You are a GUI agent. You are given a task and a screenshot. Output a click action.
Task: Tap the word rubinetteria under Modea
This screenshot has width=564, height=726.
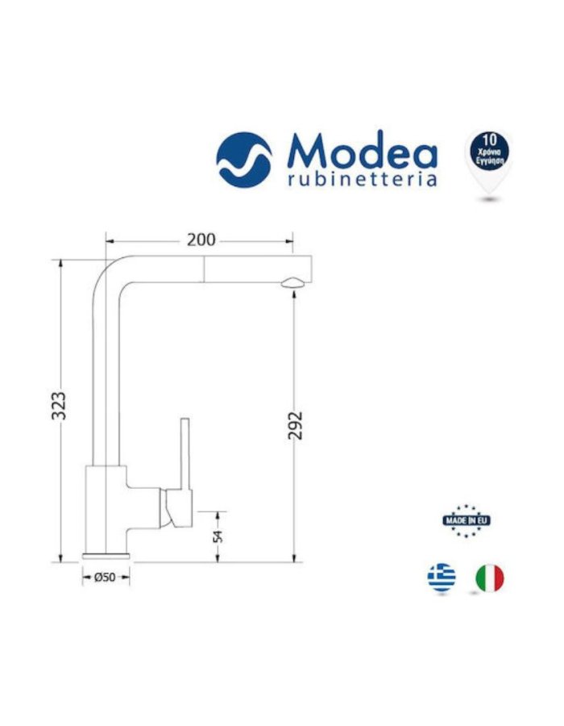click(362, 179)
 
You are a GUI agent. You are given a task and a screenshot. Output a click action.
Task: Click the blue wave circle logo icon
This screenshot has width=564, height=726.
click(244, 160)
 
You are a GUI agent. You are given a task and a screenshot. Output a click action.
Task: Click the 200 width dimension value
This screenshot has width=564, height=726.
click(201, 240)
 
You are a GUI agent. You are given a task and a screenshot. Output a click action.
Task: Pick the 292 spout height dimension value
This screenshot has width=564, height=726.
click(295, 426)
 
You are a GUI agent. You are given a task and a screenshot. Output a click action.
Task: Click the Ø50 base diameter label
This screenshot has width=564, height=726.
click(106, 578)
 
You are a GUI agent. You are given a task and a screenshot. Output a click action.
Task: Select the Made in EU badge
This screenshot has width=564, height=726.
click(467, 519)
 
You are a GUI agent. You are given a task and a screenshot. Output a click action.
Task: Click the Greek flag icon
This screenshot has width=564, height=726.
click(441, 578)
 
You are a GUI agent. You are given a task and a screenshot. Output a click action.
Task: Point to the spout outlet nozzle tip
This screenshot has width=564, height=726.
click(294, 282)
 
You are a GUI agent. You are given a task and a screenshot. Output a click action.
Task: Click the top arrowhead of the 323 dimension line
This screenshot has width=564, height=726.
click(61, 264)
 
